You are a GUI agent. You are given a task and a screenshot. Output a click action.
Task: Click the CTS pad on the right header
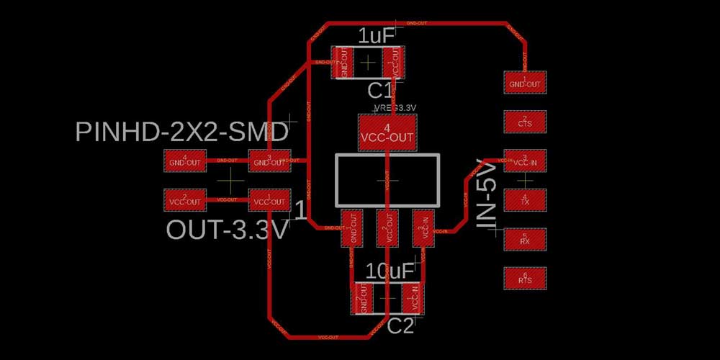pos(524,122)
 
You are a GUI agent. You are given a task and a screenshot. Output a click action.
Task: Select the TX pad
pos(524,200)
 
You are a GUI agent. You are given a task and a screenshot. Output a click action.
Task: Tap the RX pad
pos(524,239)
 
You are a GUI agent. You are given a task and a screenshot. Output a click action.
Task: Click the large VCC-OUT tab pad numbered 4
pos(387,132)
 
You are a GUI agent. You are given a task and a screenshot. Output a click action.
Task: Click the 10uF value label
pos(390,271)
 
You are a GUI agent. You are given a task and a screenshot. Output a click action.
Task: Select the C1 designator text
pos(380,91)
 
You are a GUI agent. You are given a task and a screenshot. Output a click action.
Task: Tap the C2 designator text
pos(400,326)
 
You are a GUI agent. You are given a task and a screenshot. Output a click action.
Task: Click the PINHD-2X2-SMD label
pos(182,132)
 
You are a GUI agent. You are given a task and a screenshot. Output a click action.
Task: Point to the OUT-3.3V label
pos(228,230)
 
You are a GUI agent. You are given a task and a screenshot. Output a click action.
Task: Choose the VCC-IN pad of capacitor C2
pos(413,297)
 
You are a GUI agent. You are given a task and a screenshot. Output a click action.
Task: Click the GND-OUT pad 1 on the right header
pos(524,82)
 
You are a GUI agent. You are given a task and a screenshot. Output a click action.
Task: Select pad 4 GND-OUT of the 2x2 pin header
pos(186,161)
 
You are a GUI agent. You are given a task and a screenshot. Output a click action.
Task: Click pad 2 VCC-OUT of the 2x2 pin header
pos(186,199)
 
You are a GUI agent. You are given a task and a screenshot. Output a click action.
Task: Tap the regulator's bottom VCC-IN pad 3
pos(423,228)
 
